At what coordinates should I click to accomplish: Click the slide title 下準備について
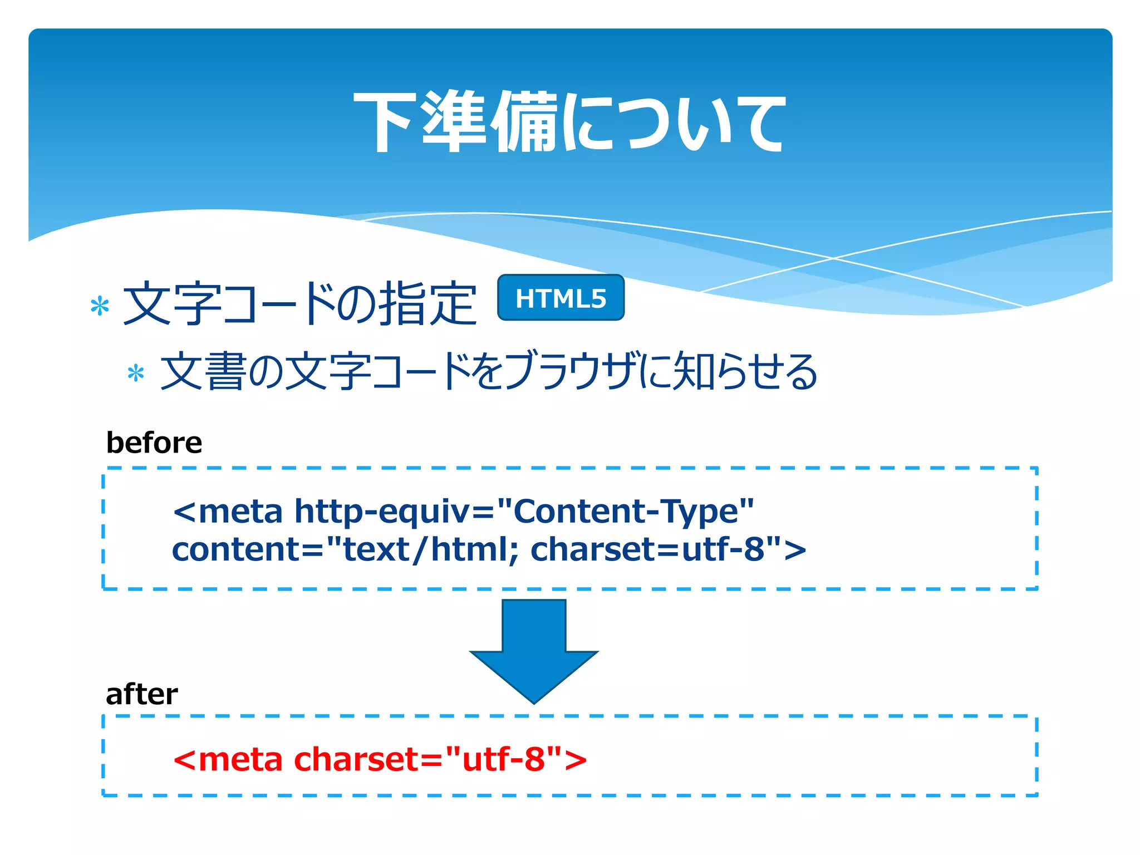click(569, 121)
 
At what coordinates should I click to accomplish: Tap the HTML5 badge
click(561, 298)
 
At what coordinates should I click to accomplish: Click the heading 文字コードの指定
click(299, 303)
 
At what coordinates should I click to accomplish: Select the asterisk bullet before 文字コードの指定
click(100, 307)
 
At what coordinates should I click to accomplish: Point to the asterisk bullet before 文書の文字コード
click(136, 373)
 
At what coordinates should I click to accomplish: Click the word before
click(154, 443)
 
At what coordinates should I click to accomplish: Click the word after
click(142, 694)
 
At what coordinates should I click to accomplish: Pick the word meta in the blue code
click(240, 511)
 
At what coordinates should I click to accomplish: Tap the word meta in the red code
click(240, 759)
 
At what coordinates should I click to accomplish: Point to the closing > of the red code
click(576, 760)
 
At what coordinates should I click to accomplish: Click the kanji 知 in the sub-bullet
click(694, 371)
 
